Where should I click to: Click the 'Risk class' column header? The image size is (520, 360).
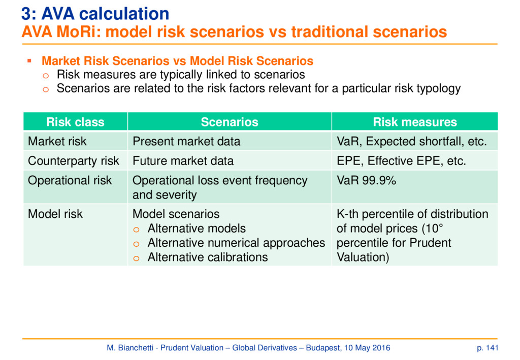tap(75, 122)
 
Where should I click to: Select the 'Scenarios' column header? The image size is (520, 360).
tap(230, 122)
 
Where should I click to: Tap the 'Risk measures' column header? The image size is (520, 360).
tap(415, 122)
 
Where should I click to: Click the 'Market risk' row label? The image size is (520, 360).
tap(57, 141)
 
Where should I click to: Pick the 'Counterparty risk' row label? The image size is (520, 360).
tap(73, 161)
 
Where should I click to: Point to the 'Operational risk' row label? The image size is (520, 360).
tap(70, 180)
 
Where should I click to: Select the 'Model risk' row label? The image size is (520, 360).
tap(55, 214)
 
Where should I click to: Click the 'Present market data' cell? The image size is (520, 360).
tap(186, 141)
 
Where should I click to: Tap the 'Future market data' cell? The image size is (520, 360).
tap(183, 161)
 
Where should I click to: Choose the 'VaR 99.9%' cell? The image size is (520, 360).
tap(367, 180)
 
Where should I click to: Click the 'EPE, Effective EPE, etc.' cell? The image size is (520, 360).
tap(402, 161)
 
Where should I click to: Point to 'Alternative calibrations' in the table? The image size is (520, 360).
tap(208, 257)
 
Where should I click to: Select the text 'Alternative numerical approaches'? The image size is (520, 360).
tap(237, 243)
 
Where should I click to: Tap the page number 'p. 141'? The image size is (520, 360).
tap(487, 348)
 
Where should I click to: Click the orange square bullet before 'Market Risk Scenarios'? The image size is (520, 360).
tap(29, 60)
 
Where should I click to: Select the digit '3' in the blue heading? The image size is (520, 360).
tap(26, 14)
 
